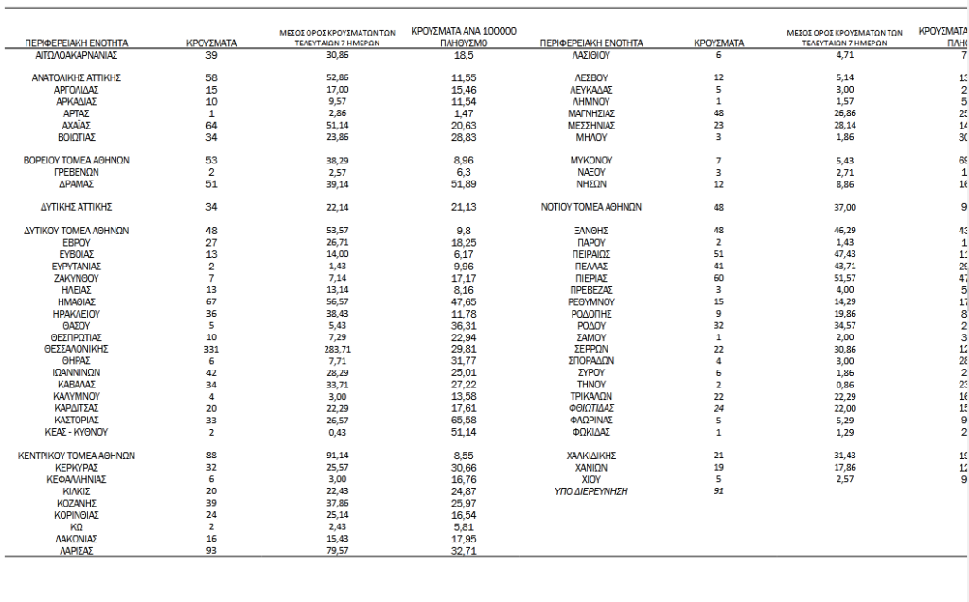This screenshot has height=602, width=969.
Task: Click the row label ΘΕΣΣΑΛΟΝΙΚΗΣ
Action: coord(77,349)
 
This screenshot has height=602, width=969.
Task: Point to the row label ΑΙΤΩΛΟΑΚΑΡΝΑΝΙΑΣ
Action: coord(77,56)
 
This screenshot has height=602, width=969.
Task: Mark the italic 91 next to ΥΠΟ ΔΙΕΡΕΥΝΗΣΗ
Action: coord(718,491)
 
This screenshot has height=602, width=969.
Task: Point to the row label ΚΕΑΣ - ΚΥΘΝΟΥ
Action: coord(77,431)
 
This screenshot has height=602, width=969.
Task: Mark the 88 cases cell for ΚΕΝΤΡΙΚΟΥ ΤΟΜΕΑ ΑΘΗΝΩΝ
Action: coord(211,456)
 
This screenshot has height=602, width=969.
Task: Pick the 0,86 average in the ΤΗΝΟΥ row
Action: coord(846,385)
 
